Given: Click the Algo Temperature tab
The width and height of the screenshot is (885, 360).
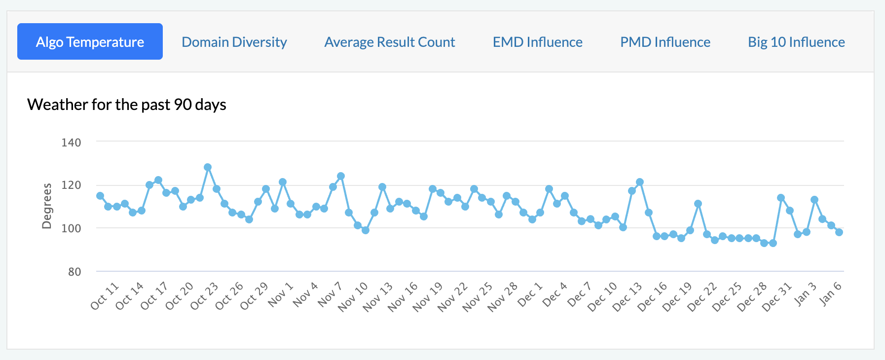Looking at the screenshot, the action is click(90, 41).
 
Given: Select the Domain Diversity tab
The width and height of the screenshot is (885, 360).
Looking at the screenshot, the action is click(234, 42).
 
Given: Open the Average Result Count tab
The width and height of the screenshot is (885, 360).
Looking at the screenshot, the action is click(390, 42).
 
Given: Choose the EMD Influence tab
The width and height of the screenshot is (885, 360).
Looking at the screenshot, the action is click(538, 42).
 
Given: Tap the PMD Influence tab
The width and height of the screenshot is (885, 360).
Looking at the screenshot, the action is click(665, 42).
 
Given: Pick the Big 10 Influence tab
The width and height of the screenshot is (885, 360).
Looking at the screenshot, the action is click(797, 42).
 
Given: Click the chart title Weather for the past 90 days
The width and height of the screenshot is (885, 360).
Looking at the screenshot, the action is click(127, 105).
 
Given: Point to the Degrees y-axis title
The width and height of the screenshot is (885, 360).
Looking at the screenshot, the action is click(47, 206).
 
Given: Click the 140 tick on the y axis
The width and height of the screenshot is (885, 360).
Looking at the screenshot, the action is click(71, 143).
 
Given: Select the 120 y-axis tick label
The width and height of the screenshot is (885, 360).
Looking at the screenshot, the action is click(71, 185).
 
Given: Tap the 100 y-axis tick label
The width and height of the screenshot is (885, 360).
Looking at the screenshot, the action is click(71, 228).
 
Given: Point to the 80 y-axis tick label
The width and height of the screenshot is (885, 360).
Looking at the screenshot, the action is click(74, 272).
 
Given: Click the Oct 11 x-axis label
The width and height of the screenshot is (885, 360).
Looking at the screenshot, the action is click(105, 296).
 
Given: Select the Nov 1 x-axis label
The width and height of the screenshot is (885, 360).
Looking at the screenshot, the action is click(281, 294).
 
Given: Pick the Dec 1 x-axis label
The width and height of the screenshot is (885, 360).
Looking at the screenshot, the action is click(530, 294).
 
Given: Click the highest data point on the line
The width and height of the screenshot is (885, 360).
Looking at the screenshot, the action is click(208, 167).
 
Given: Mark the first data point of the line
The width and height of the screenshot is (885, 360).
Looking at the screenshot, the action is click(100, 196).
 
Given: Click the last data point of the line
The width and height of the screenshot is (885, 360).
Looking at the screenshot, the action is click(839, 232).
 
